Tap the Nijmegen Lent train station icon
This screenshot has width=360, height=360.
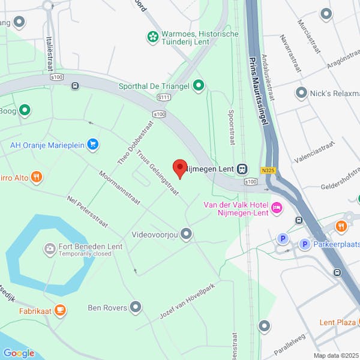(x=242, y=169)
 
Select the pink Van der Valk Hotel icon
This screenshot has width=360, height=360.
(x=277, y=208)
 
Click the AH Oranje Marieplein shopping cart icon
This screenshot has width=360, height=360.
(x=92, y=144)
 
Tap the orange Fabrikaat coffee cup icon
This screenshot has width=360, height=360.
(x=59, y=310)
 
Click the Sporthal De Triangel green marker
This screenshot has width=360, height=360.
(x=198, y=86)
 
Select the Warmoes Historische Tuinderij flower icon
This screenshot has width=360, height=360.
(x=153, y=38)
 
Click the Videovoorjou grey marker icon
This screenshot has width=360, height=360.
(x=187, y=233)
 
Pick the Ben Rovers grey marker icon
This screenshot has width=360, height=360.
(x=136, y=308)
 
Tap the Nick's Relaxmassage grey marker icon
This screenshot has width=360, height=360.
(x=301, y=93)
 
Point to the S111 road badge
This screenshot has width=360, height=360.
(x=164, y=97)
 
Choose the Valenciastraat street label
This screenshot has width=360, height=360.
(x=313, y=154)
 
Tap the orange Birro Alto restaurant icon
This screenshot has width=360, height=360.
(x=37, y=176)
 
